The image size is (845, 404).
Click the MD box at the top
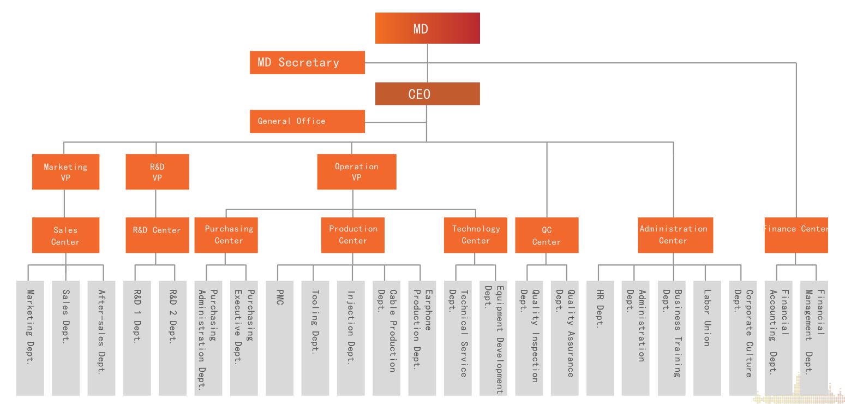pyautogui.click(x=427, y=28)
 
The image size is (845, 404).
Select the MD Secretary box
pyautogui.click(x=307, y=62)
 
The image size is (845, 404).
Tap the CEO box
pyautogui.click(x=427, y=94)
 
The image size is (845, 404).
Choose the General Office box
pyautogui.click(x=307, y=121)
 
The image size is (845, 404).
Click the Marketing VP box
pyautogui.click(x=65, y=172)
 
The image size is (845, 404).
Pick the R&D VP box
pyautogui.click(x=157, y=172)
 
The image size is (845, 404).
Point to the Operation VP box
pyautogui.click(x=357, y=172)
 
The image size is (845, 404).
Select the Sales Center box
pyautogui.click(x=65, y=235)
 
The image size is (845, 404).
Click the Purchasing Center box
pyautogui.click(x=229, y=235)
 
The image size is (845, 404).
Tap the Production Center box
pyautogui.click(x=353, y=235)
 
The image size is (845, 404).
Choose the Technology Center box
pyautogui.click(x=476, y=235)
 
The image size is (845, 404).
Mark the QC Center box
pyautogui.click(x=547, y=235)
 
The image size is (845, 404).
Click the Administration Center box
pyautogui.click(x=673, y=235)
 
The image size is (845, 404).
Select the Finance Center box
pyautogui.click(x=796, y=235)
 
